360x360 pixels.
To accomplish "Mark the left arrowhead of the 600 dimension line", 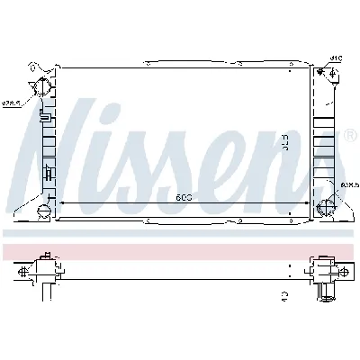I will pyautogui.click(x=60, y=203).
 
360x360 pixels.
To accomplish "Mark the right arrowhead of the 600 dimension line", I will pyautogui.click(x=307, y=203).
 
